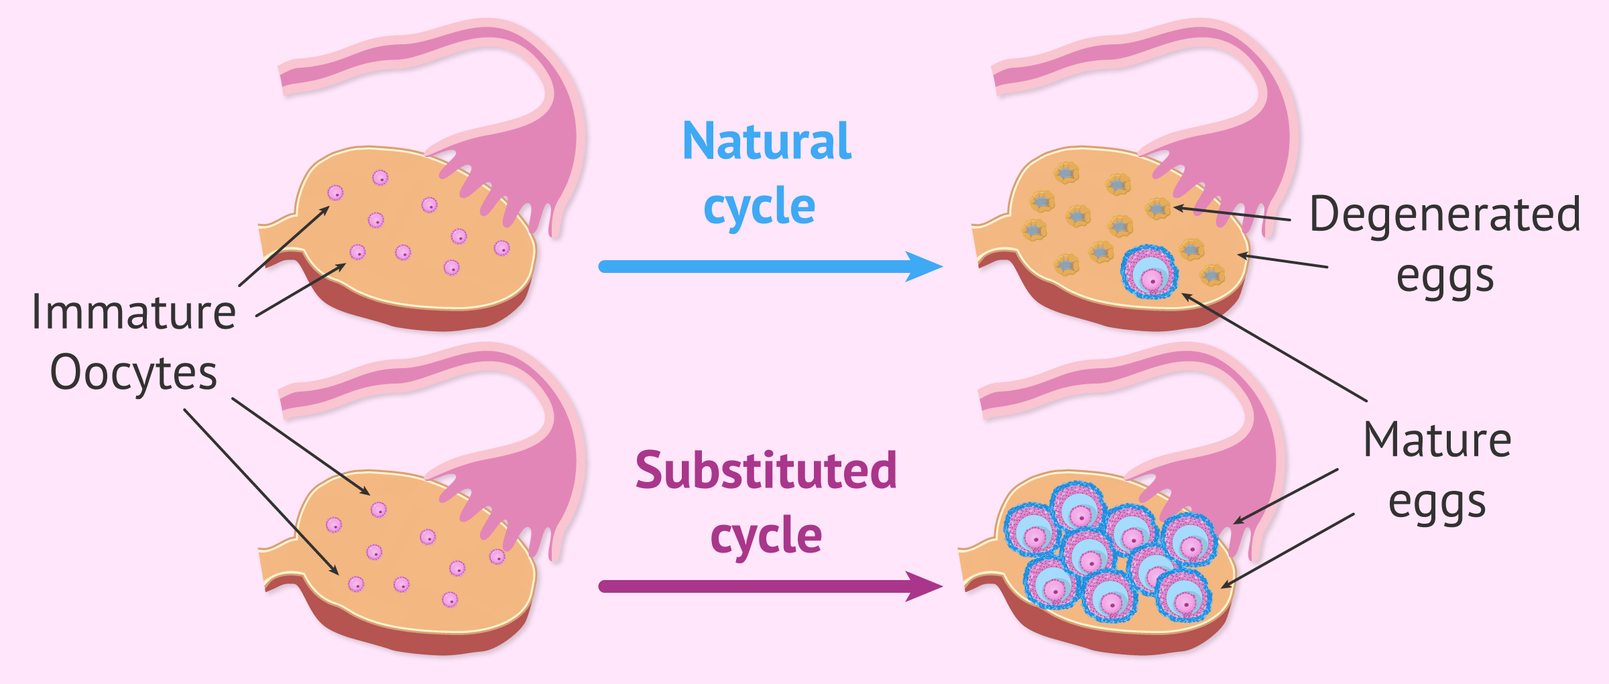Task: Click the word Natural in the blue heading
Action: [767, 141]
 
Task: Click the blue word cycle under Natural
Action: [760, 207]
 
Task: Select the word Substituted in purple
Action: [766, 470]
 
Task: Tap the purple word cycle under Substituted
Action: [766, 536]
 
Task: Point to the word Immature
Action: [134, 312]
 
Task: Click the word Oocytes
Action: [133, 374]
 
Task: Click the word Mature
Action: [1438, 441]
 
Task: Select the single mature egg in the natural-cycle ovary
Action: [1149, 272]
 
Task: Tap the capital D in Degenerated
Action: [1325, 215]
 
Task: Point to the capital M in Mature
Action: [1384, 441]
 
